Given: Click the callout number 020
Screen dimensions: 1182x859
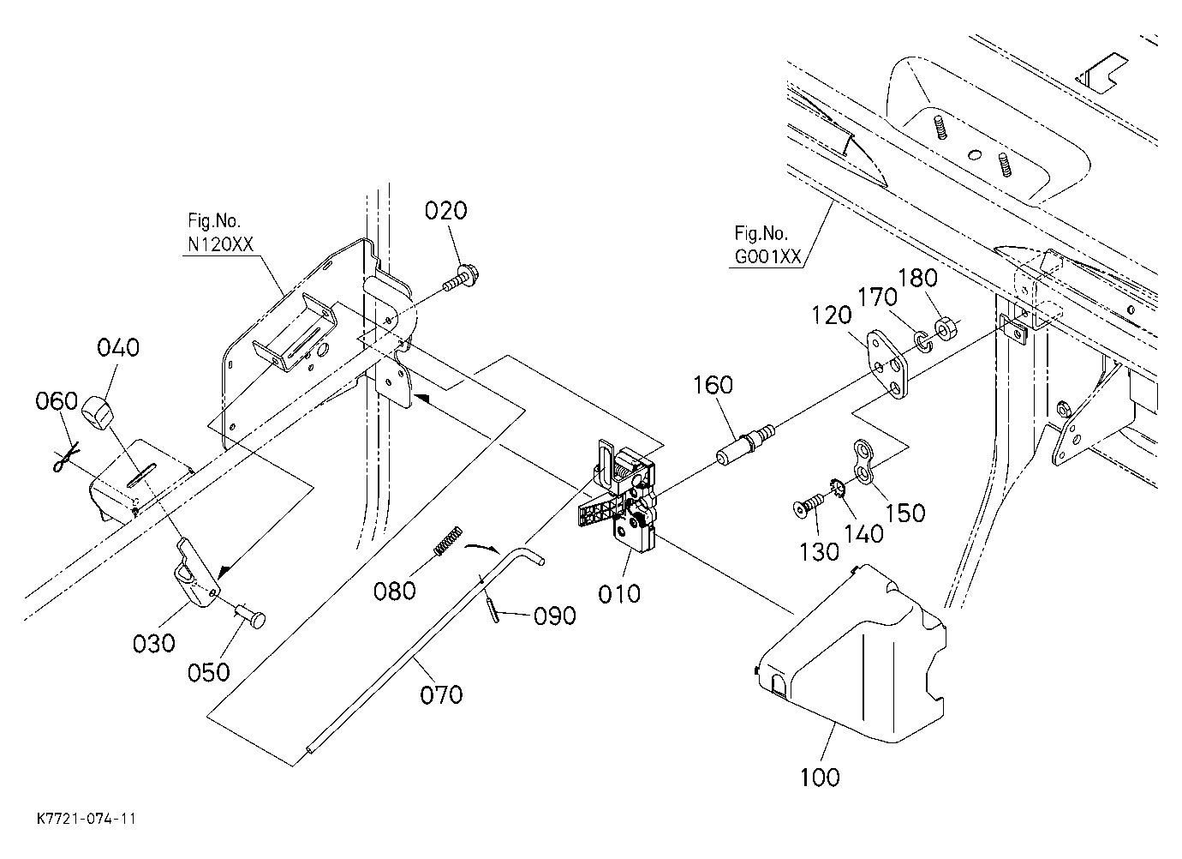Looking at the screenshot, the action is click(x=446, y=211).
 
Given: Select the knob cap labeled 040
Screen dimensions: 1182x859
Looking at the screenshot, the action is click(x=98, y=411).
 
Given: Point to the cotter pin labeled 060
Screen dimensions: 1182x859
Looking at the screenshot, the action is click(x=66, y=456).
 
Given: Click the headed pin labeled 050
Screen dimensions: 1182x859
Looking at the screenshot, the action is click(x=250, y=616).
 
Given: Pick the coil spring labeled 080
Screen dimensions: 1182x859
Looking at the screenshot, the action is click(x=448, y=541).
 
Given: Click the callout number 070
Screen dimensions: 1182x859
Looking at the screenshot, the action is click(x=441, y=694).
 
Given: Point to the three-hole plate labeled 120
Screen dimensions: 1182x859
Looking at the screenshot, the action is click(x=888, y=364).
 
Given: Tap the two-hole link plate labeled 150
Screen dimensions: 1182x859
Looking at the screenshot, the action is click(x=864, y=460).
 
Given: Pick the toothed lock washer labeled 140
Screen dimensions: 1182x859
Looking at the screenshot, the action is click(x=839, y=487).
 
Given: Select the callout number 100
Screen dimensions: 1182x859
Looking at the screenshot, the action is click(x=820, y=777).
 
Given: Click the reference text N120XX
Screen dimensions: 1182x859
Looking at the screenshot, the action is click(x=221, y=244).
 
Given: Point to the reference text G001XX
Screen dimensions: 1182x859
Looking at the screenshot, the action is click(x=767, y=256).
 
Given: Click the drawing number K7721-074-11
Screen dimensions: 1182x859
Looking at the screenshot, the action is click(x=86, y=819).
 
